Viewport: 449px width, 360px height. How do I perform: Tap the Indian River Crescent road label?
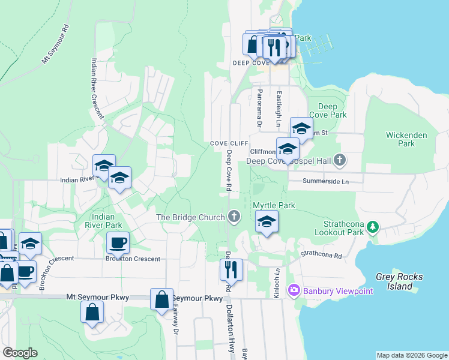[x=97, y=88]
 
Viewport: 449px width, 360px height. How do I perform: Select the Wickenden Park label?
[x=407, y=139]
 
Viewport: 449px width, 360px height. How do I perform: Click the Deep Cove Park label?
[x=328, y=110]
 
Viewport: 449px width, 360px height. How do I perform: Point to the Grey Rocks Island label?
[x=399, y=281]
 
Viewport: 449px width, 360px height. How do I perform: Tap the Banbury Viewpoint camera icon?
[x=294, y=291]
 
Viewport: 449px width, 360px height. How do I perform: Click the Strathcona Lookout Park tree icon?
[x=373, y=227]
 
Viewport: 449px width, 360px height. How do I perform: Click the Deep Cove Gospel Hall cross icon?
[x=340, y=160]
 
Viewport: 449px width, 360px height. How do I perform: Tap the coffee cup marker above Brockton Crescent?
[x=118, y=243]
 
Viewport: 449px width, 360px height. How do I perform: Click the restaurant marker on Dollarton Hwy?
[x=231, y=270]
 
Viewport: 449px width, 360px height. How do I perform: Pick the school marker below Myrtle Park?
[x=267, y=221]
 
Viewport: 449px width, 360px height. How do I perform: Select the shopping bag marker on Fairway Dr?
[x=162, y=300]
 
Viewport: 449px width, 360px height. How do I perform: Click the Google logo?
[x=20, y=353]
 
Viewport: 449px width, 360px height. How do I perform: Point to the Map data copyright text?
[x=412, y=355]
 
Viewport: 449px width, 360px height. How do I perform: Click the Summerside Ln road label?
[x=325, y=181]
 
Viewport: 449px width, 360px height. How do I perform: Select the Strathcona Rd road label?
[x=321, y=255]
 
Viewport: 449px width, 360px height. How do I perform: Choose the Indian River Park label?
[x=108, y=221]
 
